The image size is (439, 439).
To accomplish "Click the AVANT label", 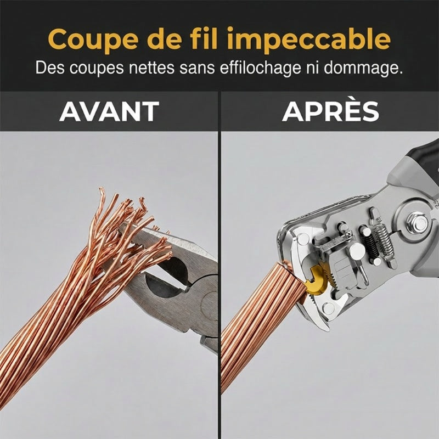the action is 109,111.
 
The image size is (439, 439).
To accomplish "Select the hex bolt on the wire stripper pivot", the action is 418,223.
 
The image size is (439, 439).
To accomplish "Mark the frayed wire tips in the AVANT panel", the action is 132,224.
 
